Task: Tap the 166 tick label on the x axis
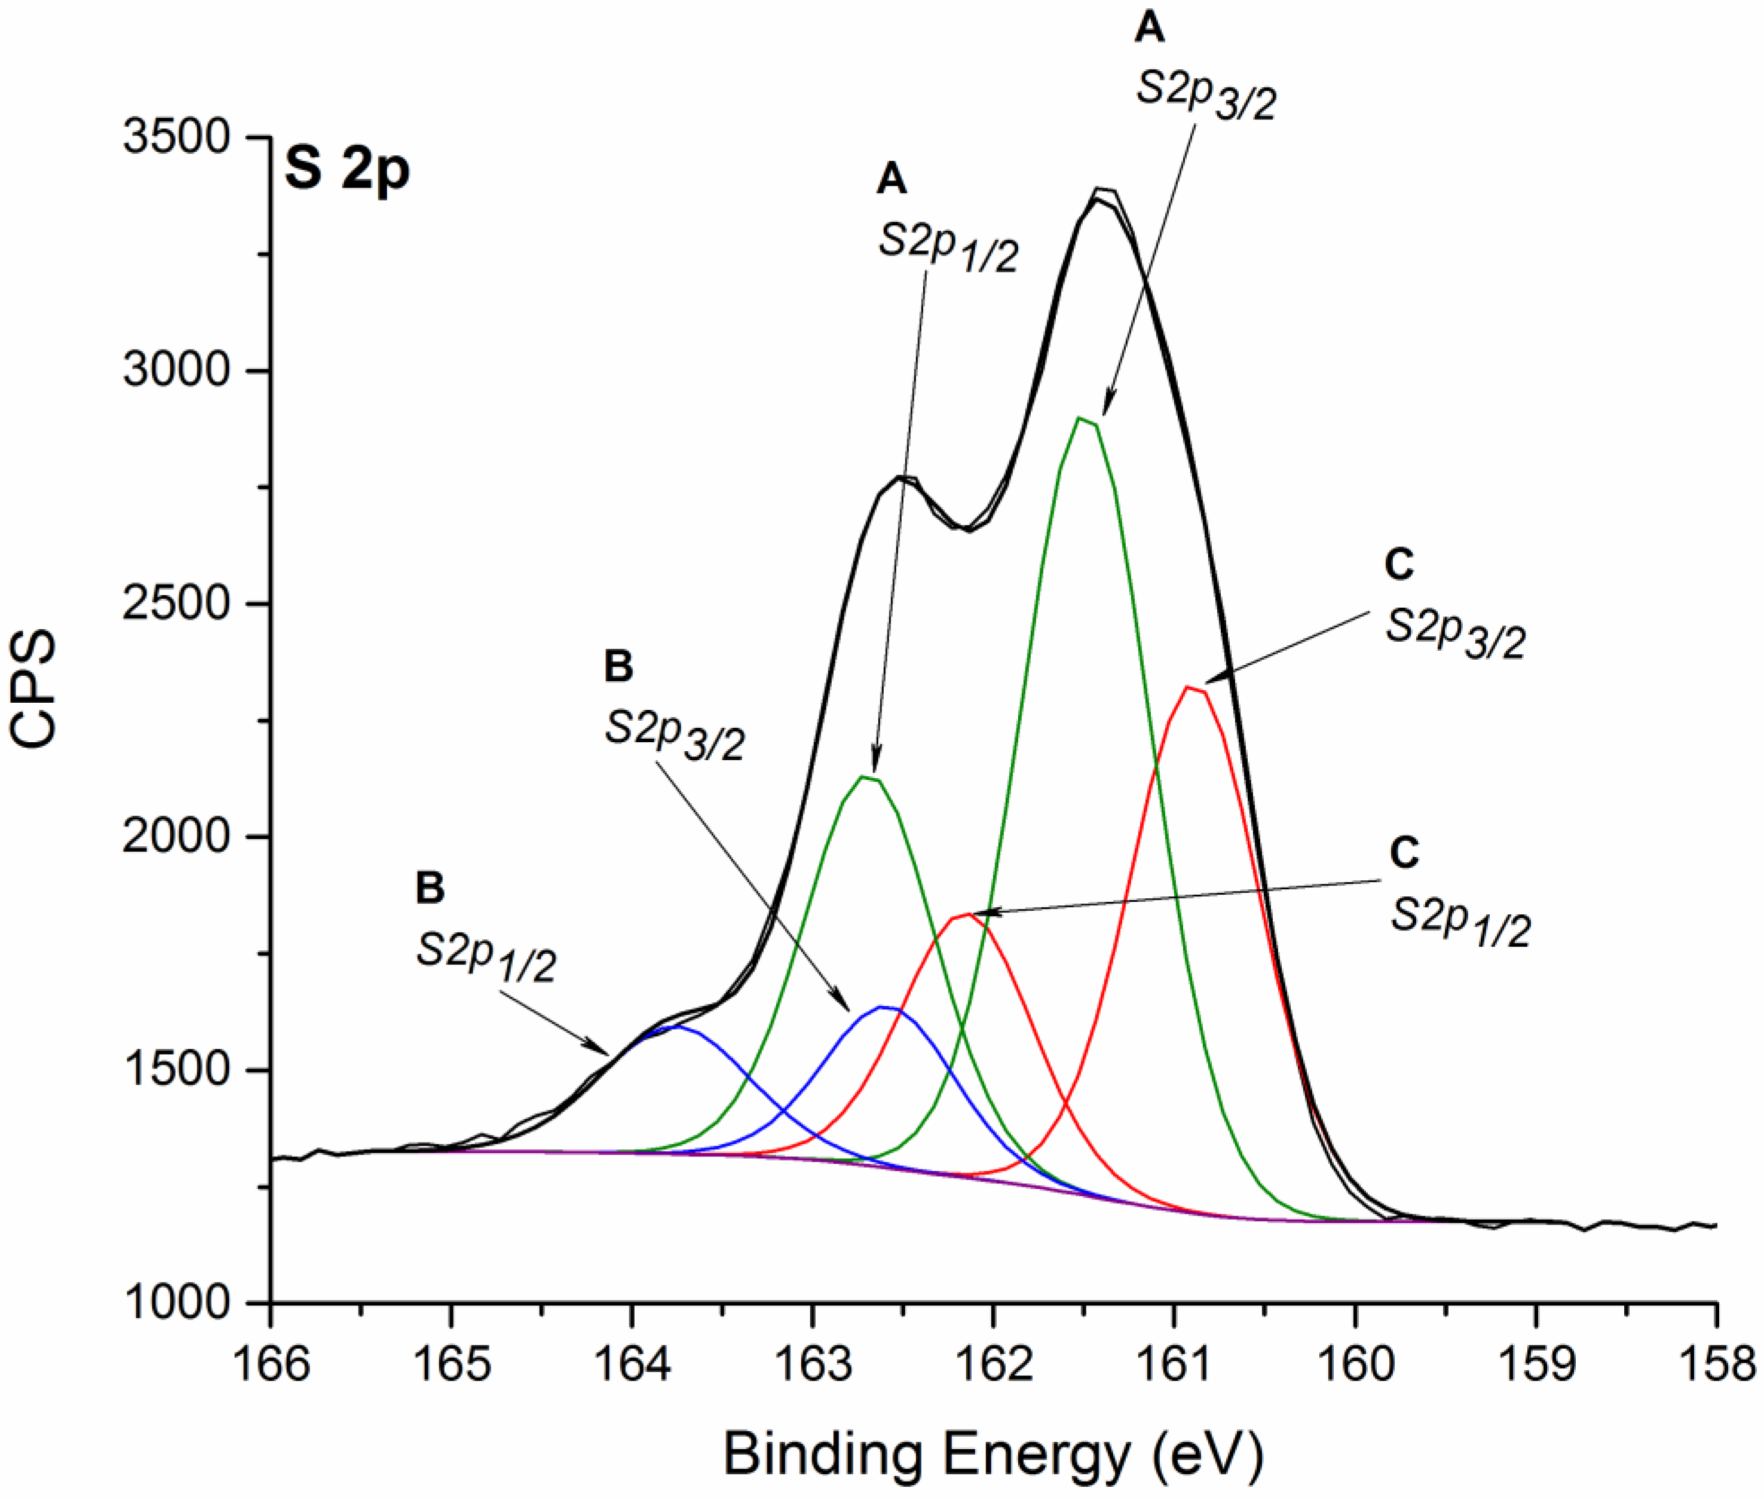click(x=270, y=1364)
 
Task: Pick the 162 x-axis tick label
click(x=994, y=1364)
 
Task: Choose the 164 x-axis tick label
click(x=632, y=1364)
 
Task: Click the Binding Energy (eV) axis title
click(x=993, y=1454)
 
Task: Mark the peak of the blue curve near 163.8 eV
click(x=676, y=1026)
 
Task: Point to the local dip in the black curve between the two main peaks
click(x=967, y=529)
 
